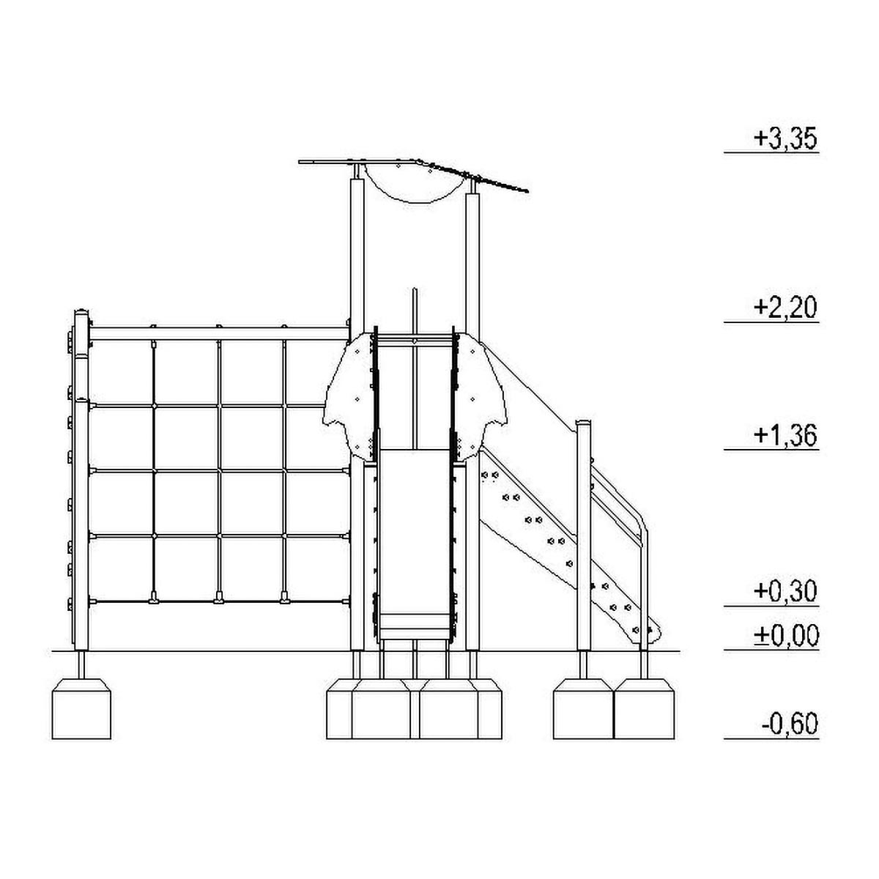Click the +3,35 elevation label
[x=785, y=139]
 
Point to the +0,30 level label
[x=785, y=591]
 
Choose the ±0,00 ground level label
[x=785, y=635]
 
